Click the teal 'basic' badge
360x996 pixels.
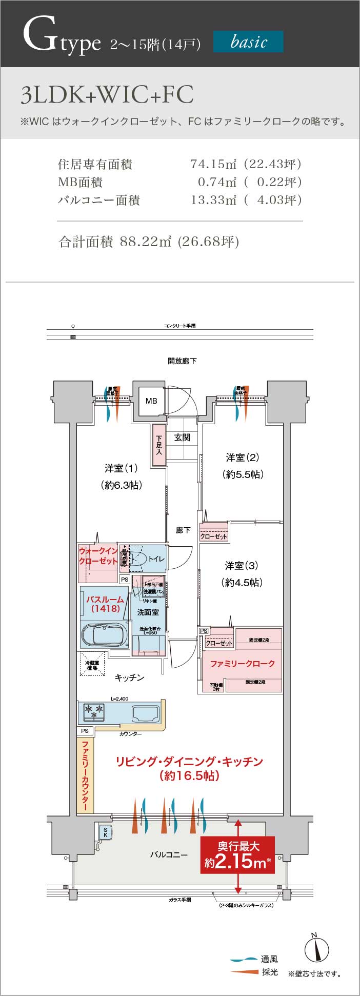click(x=248, y=42)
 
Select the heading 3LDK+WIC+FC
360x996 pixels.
click(x=107, y=95)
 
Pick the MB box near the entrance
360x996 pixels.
click(x=151, y=401)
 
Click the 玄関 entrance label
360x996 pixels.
click(x=182, y=437)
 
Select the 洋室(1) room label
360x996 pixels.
click(x=122, y=468)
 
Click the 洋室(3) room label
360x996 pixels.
click(x=242, y=566)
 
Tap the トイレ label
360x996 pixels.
click(x=156, y=559)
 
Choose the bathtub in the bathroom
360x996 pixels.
click(x=104, y=636)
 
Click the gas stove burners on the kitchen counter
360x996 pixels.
click(x=94, y=711)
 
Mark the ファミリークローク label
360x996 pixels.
click(x=243, y=663)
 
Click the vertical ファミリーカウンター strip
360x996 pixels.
click(x=85, y=775)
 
